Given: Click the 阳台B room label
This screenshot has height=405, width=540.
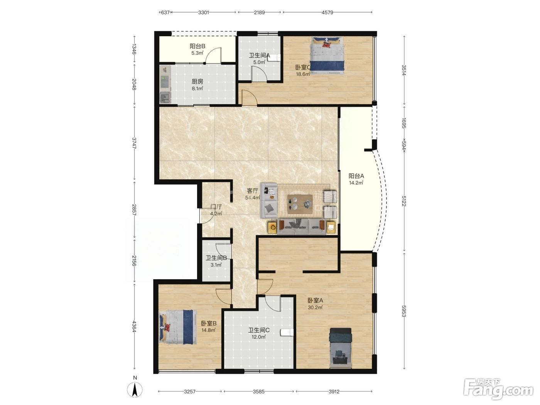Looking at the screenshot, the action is click(x=197, y=46).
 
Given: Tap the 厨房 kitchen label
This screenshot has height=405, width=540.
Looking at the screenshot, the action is click(x=197, y=81).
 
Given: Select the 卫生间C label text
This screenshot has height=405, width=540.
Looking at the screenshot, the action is click(x=259, y=330).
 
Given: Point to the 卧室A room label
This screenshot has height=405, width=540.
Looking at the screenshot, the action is click(x=315, y=300).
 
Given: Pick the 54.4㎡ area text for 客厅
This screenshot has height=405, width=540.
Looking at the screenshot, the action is click(x=252, y=197).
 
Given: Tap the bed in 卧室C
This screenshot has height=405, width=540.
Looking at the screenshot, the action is click(x=327, y=55).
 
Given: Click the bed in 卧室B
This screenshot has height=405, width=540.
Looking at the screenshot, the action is click(x=178, y=327).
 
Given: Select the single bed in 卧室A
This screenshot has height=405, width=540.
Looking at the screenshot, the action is click(x=341, y=348).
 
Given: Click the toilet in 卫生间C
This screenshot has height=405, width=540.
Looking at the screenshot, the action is click(x=287, y=332).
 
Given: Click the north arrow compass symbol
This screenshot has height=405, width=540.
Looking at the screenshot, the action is click(x=135, y=390).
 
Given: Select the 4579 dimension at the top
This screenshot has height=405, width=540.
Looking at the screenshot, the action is click(x=327, y=12).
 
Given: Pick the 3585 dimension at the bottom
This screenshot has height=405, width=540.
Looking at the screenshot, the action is click(x=258, y=391).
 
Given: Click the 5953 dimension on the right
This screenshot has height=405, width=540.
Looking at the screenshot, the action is click(x=404, y=311).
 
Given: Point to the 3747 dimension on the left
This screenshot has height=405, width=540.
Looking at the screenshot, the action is click(x=134, y=143).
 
